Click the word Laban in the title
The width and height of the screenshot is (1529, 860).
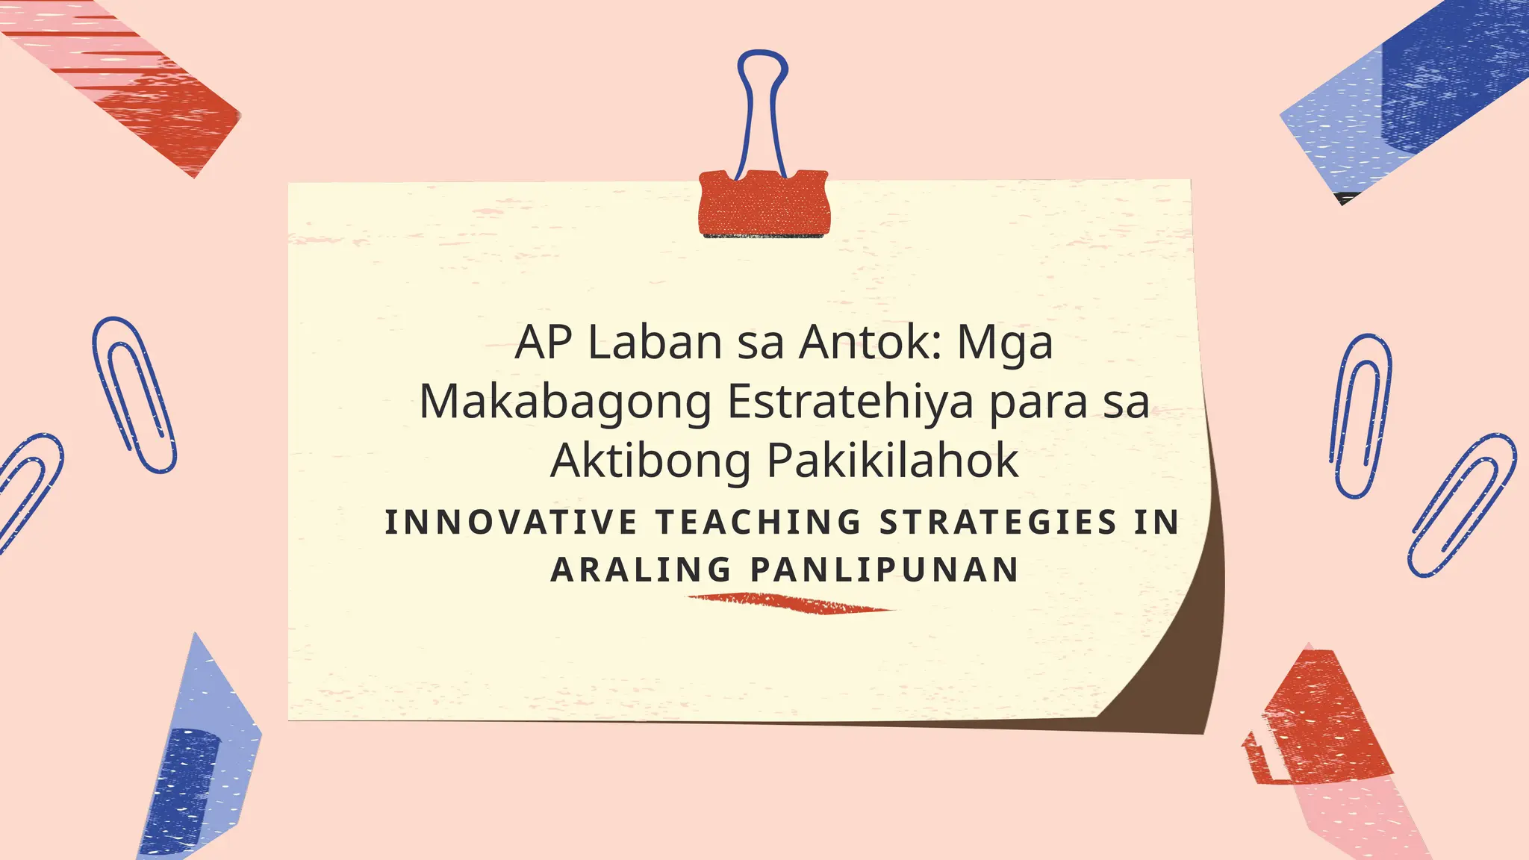(x=655, y=343)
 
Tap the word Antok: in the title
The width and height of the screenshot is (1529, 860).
(x=870, y=343)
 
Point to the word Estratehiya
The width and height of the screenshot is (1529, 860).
(x=850, y=402)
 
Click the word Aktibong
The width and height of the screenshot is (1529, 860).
(x=650, y=461)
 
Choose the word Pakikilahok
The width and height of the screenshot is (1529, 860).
(x=893, y=461)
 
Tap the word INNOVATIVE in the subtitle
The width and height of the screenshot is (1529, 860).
(x=511, y=522)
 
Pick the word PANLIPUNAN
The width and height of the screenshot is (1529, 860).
(x=885, y=570)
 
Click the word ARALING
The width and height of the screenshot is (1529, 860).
(x=641, y=570)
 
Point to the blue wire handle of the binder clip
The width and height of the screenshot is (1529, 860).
(x=762, y=90)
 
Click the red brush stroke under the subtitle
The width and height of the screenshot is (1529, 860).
(x=791, y=603)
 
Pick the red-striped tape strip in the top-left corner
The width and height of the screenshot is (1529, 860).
(x=127, y=75)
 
